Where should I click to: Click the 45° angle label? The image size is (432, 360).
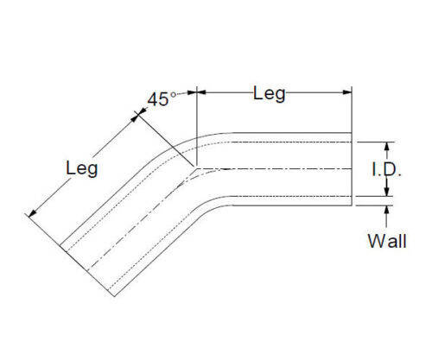(162, 99)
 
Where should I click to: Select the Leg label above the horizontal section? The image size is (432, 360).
(270, 94)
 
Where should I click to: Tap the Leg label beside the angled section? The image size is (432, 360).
(82, 168)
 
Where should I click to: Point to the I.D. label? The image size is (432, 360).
(386, 169)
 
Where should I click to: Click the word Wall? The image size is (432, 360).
(387, 241)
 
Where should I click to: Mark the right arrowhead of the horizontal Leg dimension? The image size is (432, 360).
(347, 92)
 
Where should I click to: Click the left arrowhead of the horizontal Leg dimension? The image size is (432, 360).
(201, 92)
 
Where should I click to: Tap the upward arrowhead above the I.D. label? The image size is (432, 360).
(387, 147)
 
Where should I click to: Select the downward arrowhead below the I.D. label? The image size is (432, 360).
(387, 191)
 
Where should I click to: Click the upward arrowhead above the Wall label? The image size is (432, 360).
(387, 211)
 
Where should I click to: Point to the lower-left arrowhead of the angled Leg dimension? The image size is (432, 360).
(33, 213)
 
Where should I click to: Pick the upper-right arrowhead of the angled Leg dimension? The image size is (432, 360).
(135, 117)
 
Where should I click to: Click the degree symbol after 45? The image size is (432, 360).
(173, 95)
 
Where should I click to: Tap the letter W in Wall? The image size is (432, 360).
(376, 241)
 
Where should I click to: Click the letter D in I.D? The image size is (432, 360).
(391, 169)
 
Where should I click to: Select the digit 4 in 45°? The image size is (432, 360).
(153, 100)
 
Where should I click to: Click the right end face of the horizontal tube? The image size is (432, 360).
(352, 169)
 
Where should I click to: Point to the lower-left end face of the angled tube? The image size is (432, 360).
(87, 270)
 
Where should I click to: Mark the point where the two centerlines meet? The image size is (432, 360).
(196, 168)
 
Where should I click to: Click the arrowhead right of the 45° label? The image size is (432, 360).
(192, 92)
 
